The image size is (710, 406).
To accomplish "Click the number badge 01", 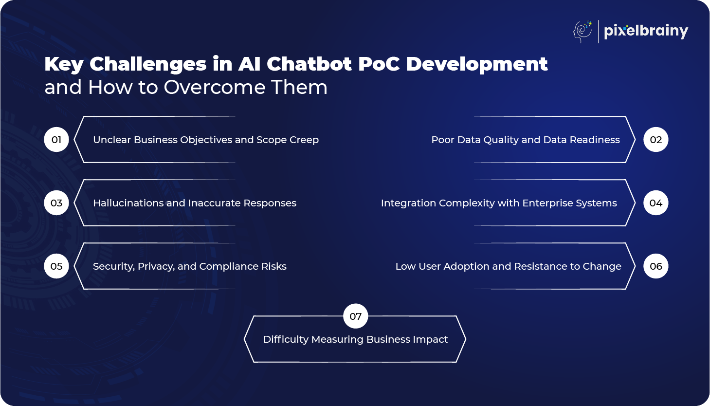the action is [56, 140].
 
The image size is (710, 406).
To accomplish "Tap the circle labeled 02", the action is [656, 140].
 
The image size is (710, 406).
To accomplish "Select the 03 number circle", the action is [56, 203].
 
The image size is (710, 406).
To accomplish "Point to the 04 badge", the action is [656, 203].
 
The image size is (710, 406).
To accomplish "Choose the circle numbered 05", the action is [56, 266].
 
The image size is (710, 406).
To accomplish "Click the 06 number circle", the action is [656, 266].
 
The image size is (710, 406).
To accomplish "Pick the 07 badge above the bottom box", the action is [356, 316].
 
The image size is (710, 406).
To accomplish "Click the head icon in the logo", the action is [583, 32].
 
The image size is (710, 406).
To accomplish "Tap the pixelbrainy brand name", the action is [646, 32].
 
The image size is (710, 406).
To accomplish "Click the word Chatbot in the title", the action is [309, 64].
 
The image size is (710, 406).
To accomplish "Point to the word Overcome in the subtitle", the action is [214, 87].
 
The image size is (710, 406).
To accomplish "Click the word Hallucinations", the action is [128, 203].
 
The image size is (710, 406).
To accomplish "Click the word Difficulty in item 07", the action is [286, 340].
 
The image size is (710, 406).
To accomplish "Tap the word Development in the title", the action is [477, 64].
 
